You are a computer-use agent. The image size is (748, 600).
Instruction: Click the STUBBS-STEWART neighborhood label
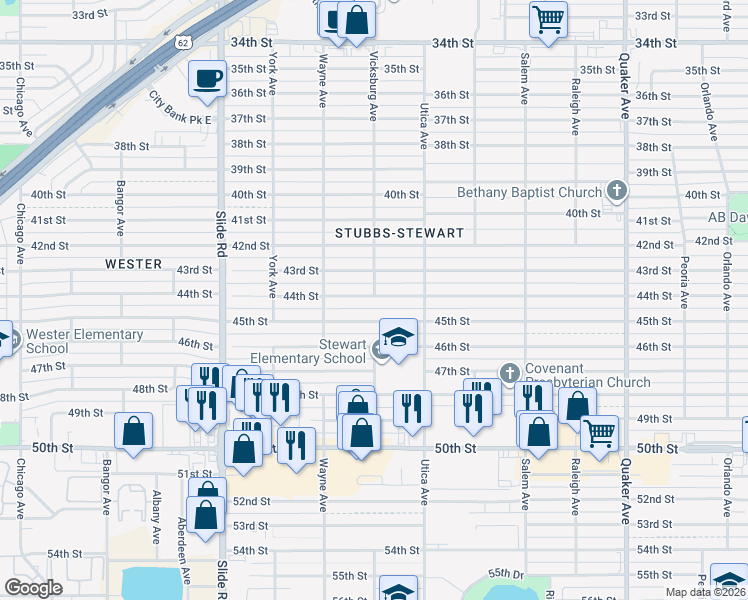[399, 233]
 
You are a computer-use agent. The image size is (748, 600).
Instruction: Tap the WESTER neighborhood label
[133, 264]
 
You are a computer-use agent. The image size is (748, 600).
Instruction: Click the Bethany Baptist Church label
[529, 192]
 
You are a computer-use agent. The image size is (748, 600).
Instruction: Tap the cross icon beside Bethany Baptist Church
[617, 190]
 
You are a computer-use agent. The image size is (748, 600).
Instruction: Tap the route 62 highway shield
[181, 42]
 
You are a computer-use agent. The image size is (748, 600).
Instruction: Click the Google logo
[33, 588]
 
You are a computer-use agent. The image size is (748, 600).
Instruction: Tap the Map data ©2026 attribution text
[704, 592]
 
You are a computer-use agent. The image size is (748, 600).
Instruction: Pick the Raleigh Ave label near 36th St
[575, 107]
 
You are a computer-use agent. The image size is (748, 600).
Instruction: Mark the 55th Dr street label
[506, 573]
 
